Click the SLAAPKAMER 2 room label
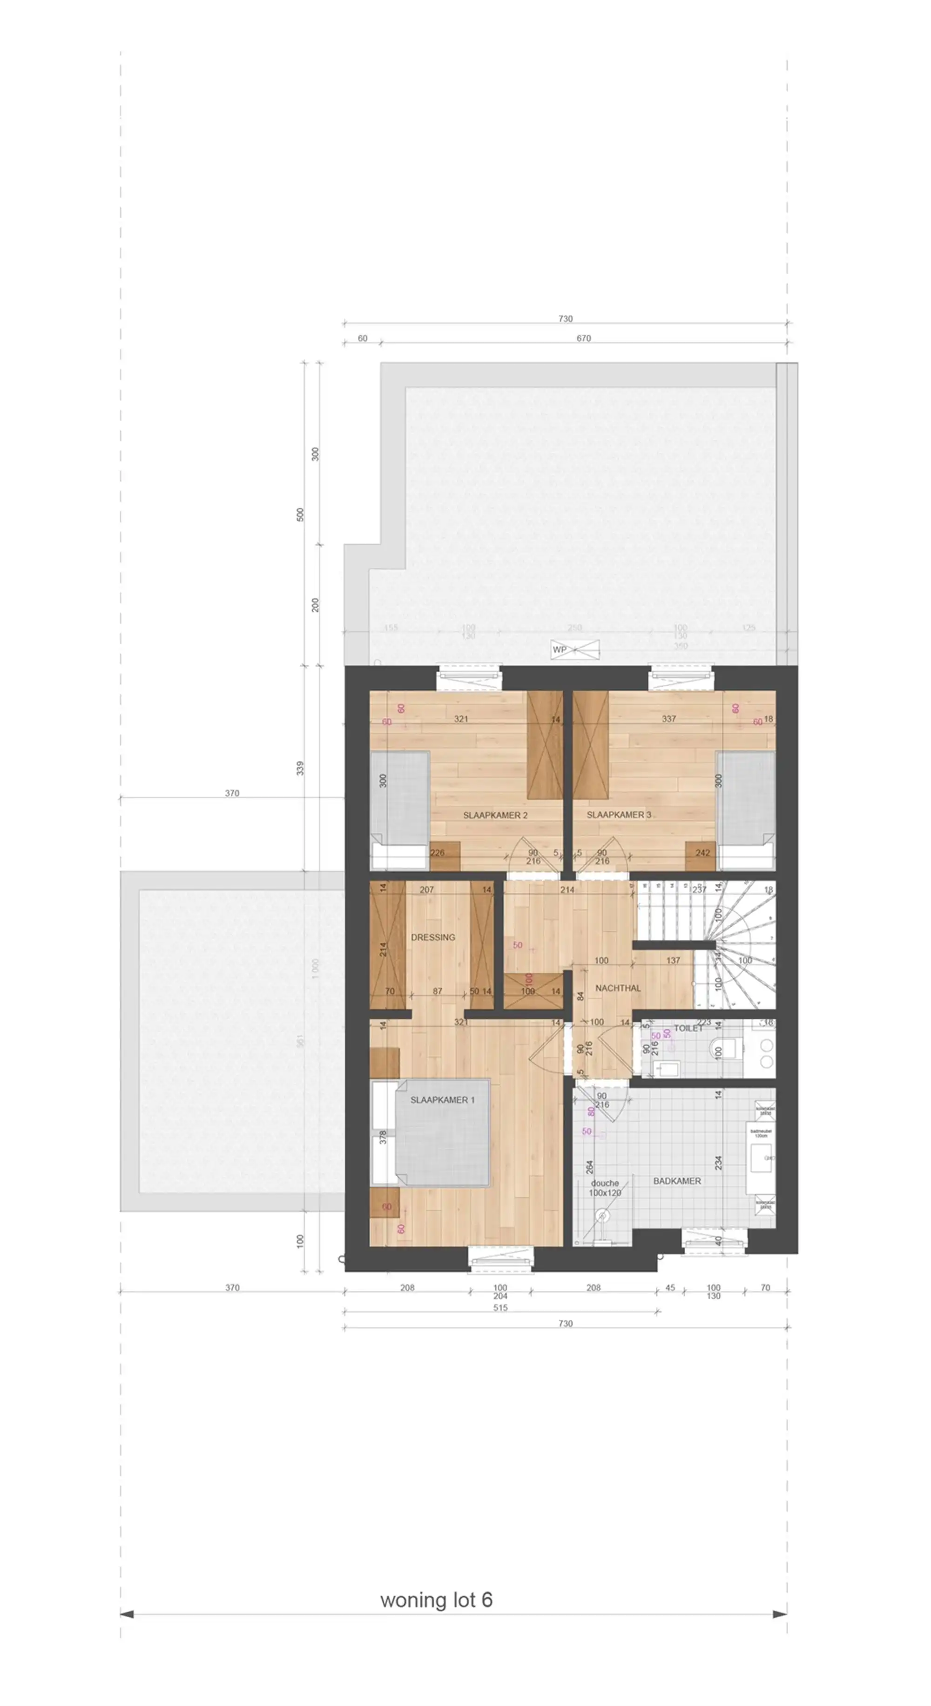[495, 815]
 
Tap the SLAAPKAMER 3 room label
[618, 815]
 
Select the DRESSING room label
[433, 937]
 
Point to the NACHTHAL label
[618, 987]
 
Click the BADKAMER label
[676, 1181]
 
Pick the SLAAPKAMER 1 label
[442, 1099]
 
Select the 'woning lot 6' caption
[436, 1599]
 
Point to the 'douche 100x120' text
[604, 1187]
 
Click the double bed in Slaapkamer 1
[441, 1132]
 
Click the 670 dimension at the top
[583, 338]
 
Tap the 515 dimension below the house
[500, 1307]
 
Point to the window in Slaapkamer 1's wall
[500, 1258]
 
